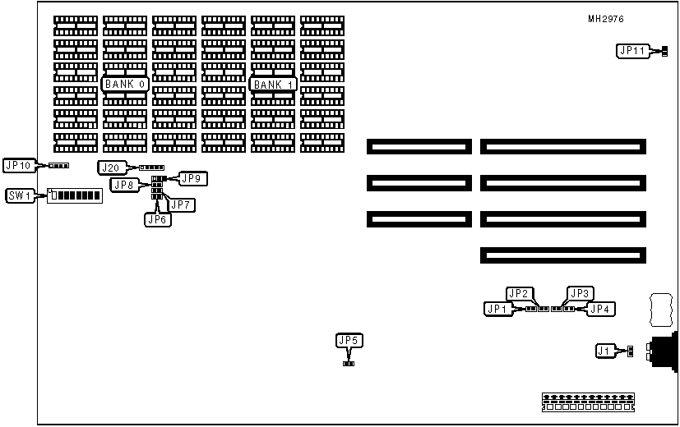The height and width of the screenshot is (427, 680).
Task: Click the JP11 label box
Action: click(x=631, y=51)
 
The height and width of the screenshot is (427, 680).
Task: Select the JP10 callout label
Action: click(x=18, y=166)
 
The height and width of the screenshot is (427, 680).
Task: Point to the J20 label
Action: click(x=110, y=168)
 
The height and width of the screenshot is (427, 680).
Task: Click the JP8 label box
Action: click(x=124, y=185)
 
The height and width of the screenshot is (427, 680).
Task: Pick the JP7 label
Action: click(x=181, y=204)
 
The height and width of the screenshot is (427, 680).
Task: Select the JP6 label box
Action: click(x=157, y=219)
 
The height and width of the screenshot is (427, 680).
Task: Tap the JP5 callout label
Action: click(x=349, y=340)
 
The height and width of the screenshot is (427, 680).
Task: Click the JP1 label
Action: click(x=497, y=309)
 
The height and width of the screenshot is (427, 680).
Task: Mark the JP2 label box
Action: click(x=519, y=293)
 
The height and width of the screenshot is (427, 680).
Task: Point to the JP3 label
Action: click(x=580, y=293)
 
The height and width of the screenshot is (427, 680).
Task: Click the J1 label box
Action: click(x=605, y=351)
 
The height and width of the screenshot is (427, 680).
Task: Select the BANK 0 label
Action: click(x=125, y=84)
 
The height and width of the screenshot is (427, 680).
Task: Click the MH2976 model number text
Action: click(x=604, y=19)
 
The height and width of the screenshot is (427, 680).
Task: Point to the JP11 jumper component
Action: click(x=663, y=52)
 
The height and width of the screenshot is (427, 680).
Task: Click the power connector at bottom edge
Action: click(x=590, y=402)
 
